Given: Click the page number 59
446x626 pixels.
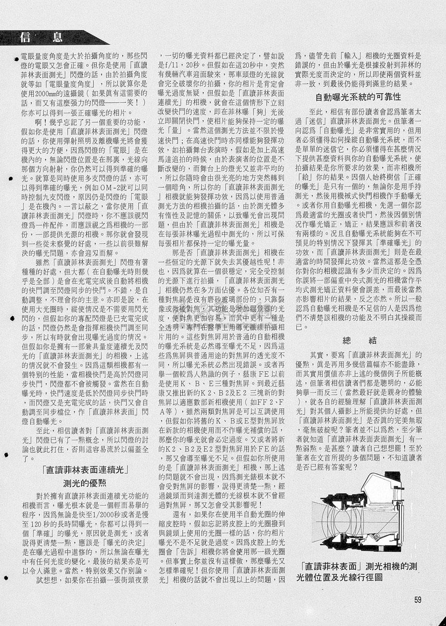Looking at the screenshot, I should pyautogui.click(x=418, y=599).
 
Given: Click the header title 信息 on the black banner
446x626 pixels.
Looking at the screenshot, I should pyautogui.click(x=42, y=37).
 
